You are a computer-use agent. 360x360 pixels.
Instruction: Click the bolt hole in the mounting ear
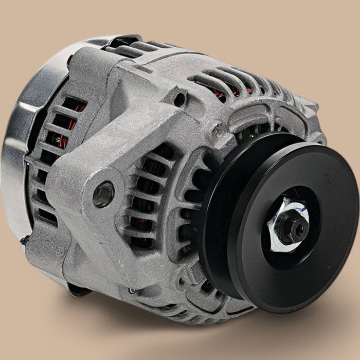(x=103, y=194)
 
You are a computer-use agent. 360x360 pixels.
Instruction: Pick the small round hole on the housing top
(x=179, y=99)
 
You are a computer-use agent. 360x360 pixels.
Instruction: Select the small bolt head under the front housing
(x=133, y=291)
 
